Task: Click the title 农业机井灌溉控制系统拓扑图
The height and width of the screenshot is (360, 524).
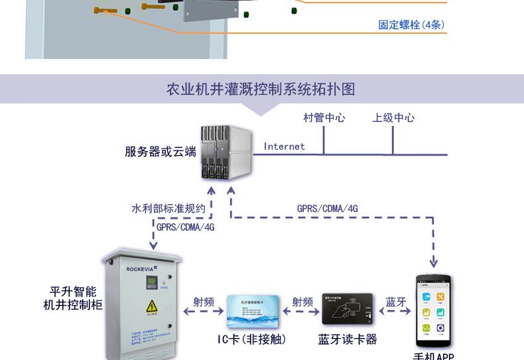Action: click(x=261, y=89)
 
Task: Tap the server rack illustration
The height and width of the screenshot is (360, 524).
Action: click(x=226, y=153)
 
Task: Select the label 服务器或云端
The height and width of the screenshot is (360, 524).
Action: click(x=161, y=152)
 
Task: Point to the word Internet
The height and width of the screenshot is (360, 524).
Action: click(x=284, y=147)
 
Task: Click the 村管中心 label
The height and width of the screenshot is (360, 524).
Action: click(x=324, y=118)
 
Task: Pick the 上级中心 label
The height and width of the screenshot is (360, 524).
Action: click(x=393, y=118)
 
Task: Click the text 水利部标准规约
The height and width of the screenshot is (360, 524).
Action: click(x=168, y=208)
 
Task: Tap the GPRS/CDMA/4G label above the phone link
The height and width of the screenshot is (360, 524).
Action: click(x=327, y=208)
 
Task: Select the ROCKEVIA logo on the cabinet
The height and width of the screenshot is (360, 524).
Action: click(x=146, y=269)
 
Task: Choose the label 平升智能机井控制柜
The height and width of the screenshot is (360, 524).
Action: click(x=73, y=298)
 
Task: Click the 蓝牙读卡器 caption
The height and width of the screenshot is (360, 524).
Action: click(x=348, y=339)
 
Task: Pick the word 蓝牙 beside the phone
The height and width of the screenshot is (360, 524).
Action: click(x=395, y=302)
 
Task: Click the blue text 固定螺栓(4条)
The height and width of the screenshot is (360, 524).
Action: click(x=411, y=25)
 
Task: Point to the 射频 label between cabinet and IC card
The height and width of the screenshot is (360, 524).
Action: click(x=204, y=302)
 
